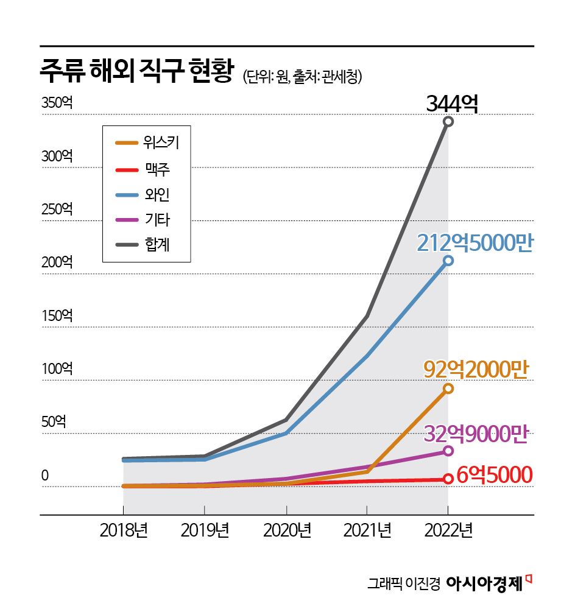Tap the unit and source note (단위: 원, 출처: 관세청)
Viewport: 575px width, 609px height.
pos(303,76)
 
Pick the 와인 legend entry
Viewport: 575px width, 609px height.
pos(146,194)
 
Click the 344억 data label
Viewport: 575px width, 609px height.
pos(452,103)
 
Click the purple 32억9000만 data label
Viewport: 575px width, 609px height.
pos(475,434)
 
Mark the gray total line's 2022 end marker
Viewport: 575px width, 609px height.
pos(448,122)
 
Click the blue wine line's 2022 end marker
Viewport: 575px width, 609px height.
pos(448,261)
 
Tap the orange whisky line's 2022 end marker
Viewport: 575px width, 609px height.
pos(448,389)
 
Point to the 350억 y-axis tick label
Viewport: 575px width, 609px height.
pos(57,103)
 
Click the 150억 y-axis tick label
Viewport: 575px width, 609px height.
pos(57,316)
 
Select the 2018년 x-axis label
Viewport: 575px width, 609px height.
pos(124,531)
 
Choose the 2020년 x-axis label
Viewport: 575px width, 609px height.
pos(287,531)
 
